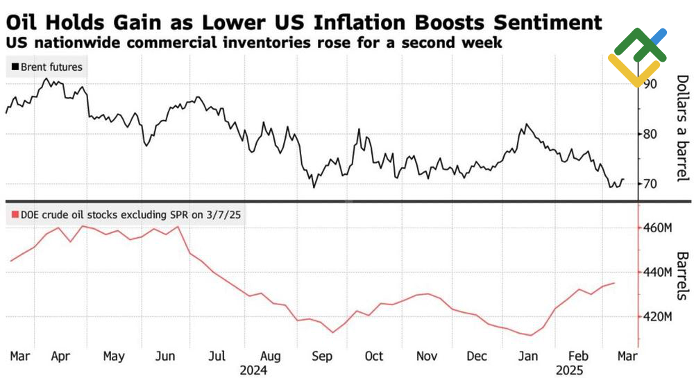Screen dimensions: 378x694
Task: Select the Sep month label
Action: pyautogui.click(x=322, y=356)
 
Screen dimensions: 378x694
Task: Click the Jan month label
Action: pyautogui.click(x=529, y=356)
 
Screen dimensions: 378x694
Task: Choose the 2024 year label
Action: pyautogui.click(x=253, y=370)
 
